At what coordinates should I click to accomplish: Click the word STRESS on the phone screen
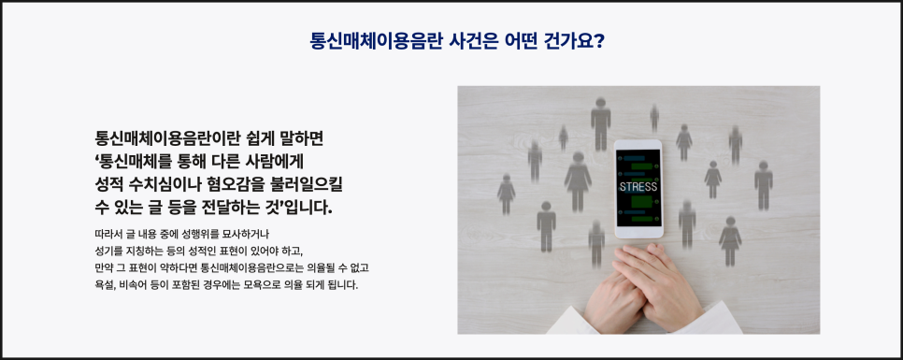[638, 187]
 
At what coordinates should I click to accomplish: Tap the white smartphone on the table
[638, 189]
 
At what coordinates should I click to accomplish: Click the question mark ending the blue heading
[597, 41]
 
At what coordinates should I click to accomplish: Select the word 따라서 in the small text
[107, 235]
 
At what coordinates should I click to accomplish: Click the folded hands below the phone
[644, 288]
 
